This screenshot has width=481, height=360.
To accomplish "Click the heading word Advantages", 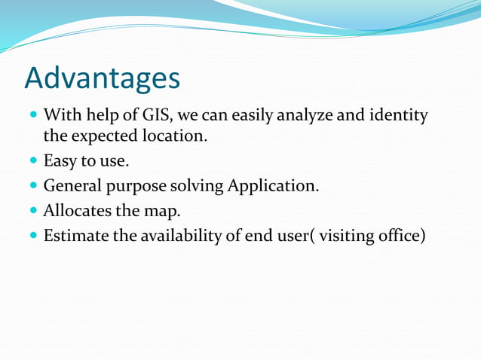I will coord(102,78).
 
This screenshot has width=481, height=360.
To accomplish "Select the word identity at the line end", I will coord(400,116).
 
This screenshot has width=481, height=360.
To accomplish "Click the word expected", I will coord(105,137).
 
